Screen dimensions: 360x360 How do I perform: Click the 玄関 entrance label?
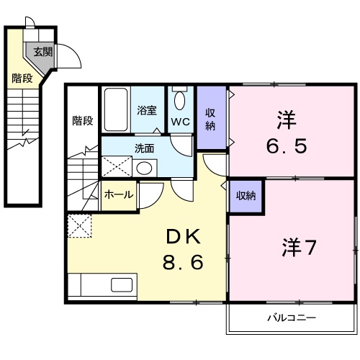click(x=42, y=51)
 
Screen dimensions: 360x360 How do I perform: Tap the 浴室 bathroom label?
click(x=147, y=111)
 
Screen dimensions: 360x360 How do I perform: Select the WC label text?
click(x=180, y=122)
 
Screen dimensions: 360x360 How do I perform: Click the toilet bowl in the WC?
click(x=179, y=99)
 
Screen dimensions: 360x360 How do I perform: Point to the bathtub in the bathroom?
click(x=115, y=109)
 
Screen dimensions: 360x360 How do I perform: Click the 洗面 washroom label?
click(x=144, y=148)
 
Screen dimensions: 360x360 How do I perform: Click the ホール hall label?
click(x=119, y=194)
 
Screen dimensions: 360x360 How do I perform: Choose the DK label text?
click(x=183, y=235)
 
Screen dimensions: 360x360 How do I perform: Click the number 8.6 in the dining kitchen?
click(x=183, y=261)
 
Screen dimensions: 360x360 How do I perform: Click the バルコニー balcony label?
click(x=292, y=318)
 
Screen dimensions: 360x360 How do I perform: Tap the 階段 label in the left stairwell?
click(x=22, y=78)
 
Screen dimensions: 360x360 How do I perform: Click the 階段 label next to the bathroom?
click(x=82, y=120)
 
